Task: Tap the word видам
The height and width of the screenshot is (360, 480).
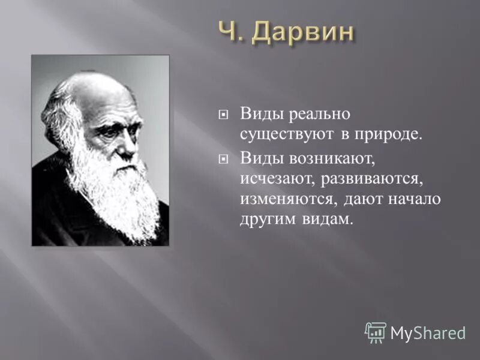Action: tap(330, 220)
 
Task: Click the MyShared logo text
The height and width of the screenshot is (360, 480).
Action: tap(428, 332)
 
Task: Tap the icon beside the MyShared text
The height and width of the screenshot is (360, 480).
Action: tap(376, 332)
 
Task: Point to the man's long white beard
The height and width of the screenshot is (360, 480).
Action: tap(114, 192)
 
